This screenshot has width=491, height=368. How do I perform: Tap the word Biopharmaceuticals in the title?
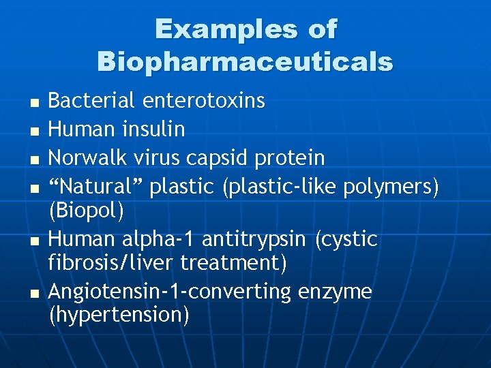[x=245, y=61]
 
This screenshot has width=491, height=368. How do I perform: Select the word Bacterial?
[x=91, y=102]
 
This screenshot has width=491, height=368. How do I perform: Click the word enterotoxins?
[x=204, y=102]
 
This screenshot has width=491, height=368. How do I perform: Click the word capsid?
[x=218, y=157]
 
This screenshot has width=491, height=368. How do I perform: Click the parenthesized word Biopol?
[x=87, y=211]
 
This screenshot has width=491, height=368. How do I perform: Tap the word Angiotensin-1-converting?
[x=170, y=292]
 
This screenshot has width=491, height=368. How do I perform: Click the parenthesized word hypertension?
[x=119, y=316]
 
